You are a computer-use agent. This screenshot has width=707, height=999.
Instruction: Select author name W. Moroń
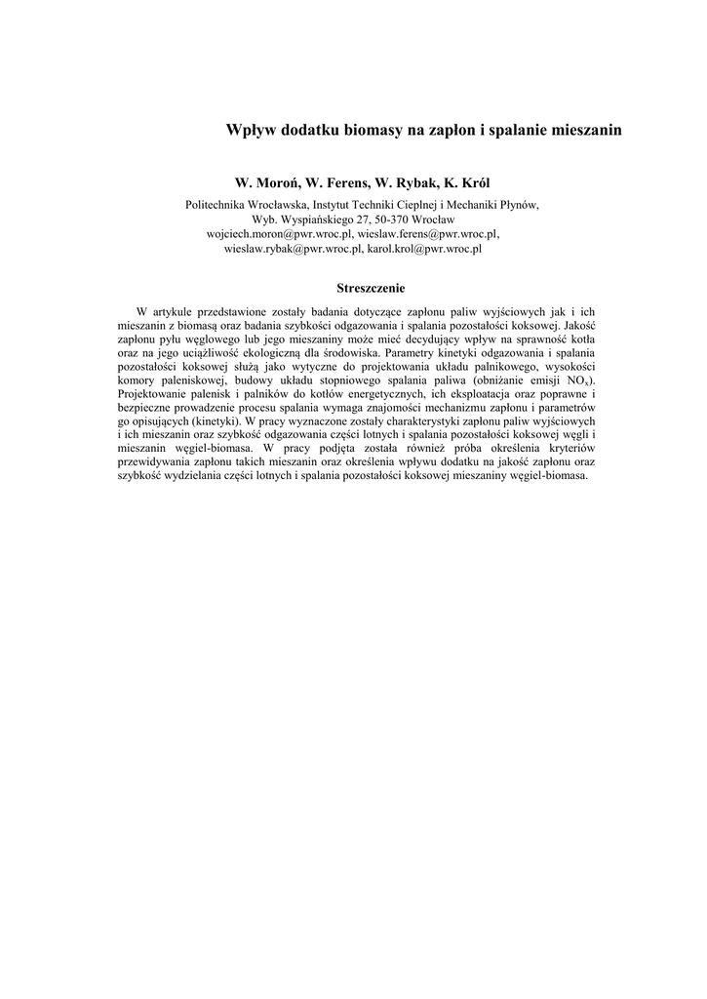pyautogui.click(x=267, y=182)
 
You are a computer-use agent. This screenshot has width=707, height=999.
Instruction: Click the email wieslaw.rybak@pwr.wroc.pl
pyautogui.click(x=294, y=249)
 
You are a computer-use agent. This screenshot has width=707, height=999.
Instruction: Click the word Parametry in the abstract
pyautogui.click(x=410, y=351)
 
